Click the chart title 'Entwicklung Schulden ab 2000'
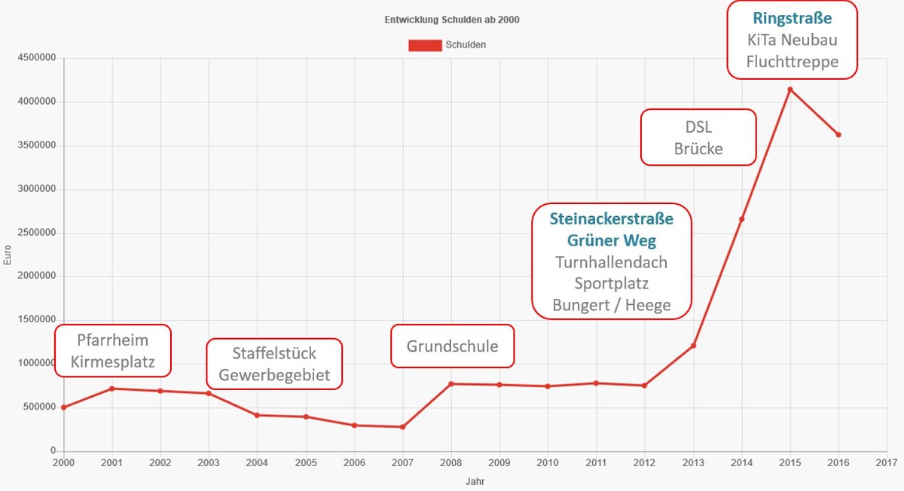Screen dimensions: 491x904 point(453,20)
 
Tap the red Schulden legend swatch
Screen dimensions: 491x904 point(424,45)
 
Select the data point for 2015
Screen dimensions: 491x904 point(790,90)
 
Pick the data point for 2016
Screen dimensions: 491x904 point(838,135)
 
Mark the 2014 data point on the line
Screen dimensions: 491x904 point(742,219)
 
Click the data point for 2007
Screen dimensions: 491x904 point(402,427)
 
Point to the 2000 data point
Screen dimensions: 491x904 point(64,407)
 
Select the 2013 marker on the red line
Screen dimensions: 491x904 point(694,346)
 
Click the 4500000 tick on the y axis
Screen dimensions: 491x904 point(35,58)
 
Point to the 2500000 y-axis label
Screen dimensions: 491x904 point(35,233)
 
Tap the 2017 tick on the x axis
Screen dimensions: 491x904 point(887,462)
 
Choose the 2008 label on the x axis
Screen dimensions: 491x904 point(450,462)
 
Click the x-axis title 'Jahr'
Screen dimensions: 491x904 point(475,480)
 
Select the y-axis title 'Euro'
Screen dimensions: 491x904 point(8,256)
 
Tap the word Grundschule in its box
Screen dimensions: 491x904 point(452,346)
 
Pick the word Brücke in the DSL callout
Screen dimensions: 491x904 point(698,148)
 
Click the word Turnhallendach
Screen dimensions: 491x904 point(612,262)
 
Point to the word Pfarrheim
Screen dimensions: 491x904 point(113,340)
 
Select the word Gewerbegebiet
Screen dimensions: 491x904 point(274,375)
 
